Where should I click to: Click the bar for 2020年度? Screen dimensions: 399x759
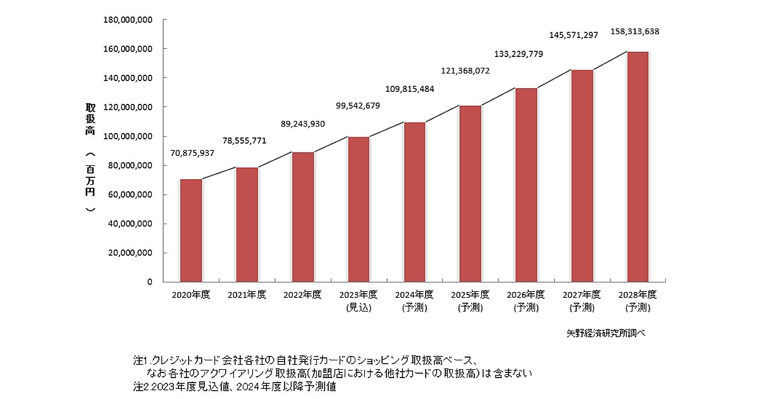[191, 231]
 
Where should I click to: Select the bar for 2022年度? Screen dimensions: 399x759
[302, 217]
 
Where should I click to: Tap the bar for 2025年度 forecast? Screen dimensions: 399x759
[470, 194]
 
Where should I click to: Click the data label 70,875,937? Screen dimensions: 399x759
[192, 153]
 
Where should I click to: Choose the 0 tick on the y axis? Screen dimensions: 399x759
[150, 282]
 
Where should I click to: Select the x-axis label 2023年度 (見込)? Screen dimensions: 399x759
[359, 301]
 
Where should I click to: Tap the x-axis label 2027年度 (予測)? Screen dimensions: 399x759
[582, 301]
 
